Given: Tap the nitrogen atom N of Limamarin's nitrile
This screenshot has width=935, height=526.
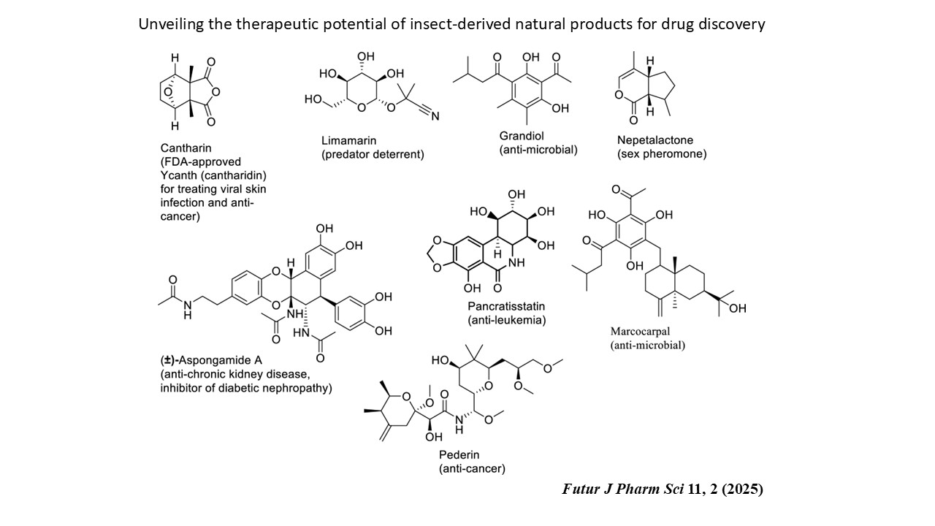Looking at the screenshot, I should click(x=435, y=115).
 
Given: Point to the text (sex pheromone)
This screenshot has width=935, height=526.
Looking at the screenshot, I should click(x=662, y=154).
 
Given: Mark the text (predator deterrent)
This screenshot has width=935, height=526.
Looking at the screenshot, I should click(x=373, y=154).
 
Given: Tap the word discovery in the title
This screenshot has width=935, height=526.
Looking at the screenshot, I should click(x=732, y=24).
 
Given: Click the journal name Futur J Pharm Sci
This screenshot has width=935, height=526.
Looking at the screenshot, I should click(x=623, y=489).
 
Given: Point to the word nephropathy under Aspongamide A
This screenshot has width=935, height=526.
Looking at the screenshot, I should click(x=297, y=388).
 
